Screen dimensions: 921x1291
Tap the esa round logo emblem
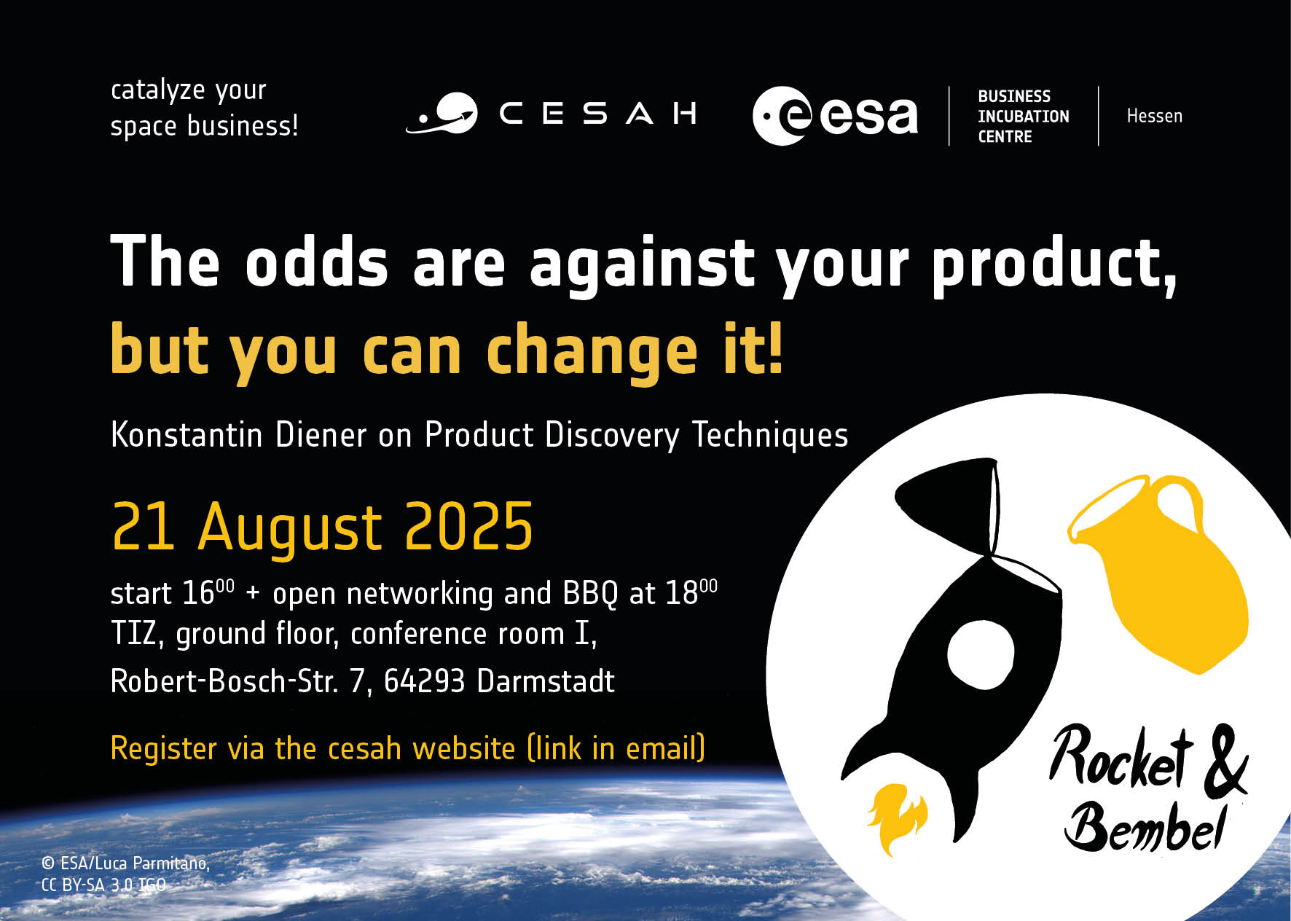(782, 116)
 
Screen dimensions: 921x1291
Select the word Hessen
(1154, 116)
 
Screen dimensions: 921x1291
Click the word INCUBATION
(1023, 117)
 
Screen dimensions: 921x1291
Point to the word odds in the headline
(316, 263)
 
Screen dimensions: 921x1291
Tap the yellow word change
(592, 352)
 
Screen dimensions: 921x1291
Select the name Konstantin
(187, 436)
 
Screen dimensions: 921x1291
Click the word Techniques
(770, 436)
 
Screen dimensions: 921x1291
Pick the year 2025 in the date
(468, 526)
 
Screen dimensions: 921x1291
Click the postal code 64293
(424, 681)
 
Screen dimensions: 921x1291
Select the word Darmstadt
(546, 681)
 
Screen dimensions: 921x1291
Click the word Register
(164, 749)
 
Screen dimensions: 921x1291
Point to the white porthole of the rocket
(981, 654)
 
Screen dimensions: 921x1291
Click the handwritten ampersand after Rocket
(1225, 761)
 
